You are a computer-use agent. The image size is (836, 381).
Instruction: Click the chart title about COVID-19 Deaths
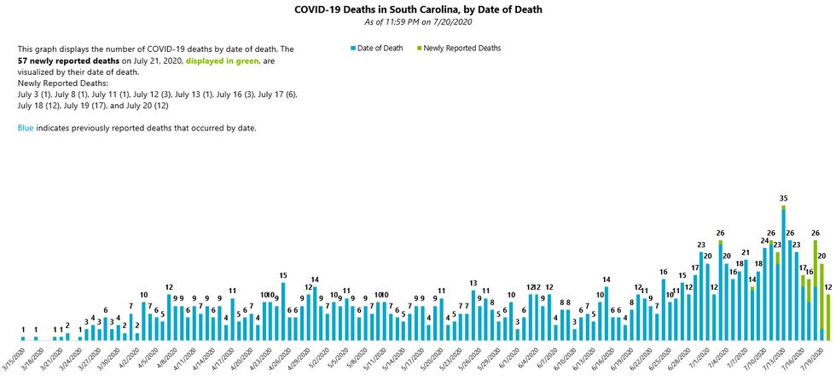click(418, 9)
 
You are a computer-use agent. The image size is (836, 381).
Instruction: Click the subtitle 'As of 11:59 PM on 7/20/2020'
click(418, 21)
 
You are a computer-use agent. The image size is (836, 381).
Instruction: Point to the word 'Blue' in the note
click(26, 128)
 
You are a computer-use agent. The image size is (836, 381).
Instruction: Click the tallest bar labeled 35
click(783, 273)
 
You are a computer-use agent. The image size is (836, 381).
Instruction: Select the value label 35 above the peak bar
click(783, 199)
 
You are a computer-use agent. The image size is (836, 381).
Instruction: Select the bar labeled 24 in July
click(764, 294)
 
